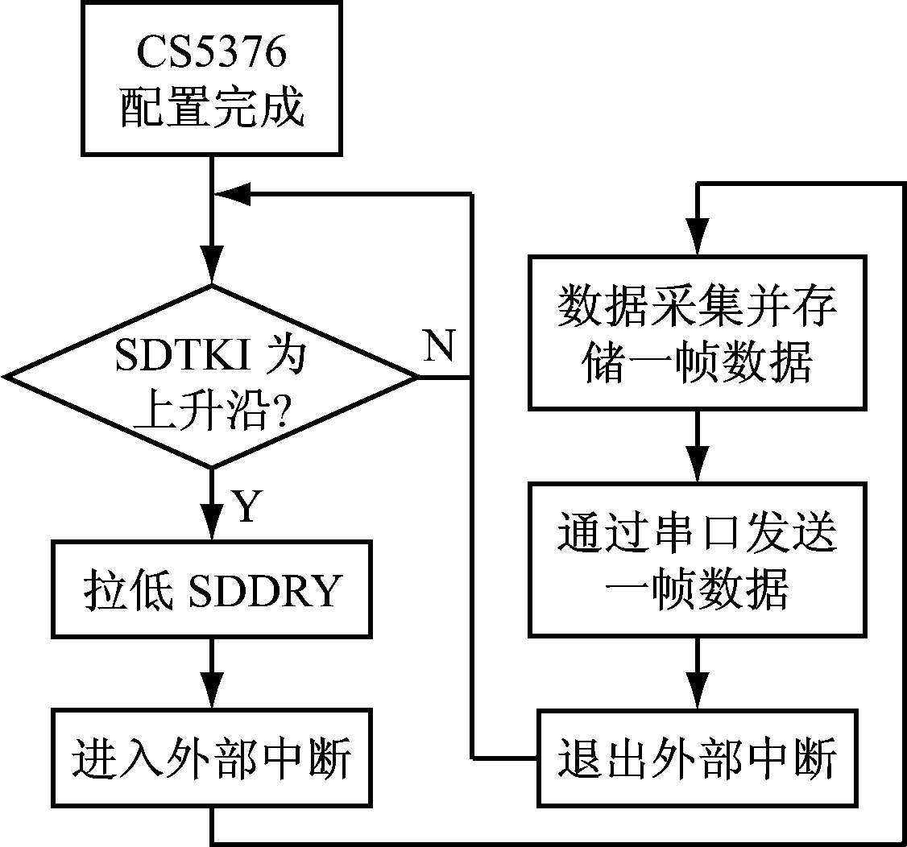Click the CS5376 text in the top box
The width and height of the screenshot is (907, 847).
212,56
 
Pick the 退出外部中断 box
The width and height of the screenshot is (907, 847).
698,758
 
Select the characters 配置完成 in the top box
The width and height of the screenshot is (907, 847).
212,109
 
